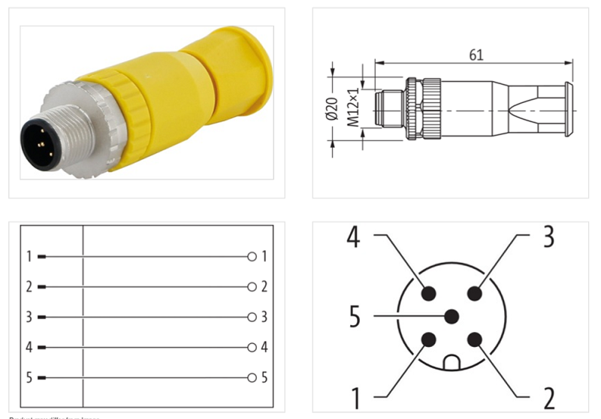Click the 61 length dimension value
tap(476, 55)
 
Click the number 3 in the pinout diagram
tap(548, 237)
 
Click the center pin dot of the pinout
tap(452, 316)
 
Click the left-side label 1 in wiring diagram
tap(29, 257)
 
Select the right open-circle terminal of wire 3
tap(252, 317)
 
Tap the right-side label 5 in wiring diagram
tap(264, 377)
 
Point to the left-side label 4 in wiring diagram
tap(29, 347)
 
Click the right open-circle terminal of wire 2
tap(252, 287)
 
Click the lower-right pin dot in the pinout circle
tap(474, 339)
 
